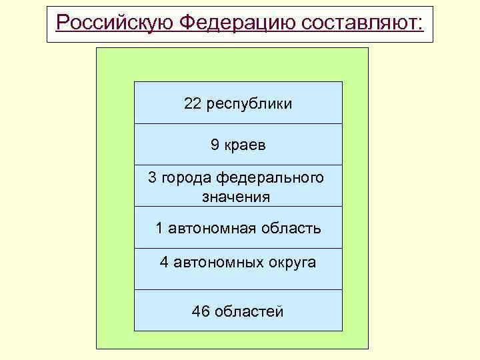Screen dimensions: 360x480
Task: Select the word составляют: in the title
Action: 363,23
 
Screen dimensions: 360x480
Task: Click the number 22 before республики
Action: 193,104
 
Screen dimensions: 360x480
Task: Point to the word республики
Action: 249,105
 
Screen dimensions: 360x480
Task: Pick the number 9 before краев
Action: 215,145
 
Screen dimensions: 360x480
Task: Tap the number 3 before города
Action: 152,178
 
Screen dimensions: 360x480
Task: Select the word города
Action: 185,179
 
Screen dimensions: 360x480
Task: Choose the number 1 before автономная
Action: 159,228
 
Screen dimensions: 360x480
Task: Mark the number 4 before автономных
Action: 163,262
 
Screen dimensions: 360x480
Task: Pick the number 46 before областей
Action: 199,311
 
